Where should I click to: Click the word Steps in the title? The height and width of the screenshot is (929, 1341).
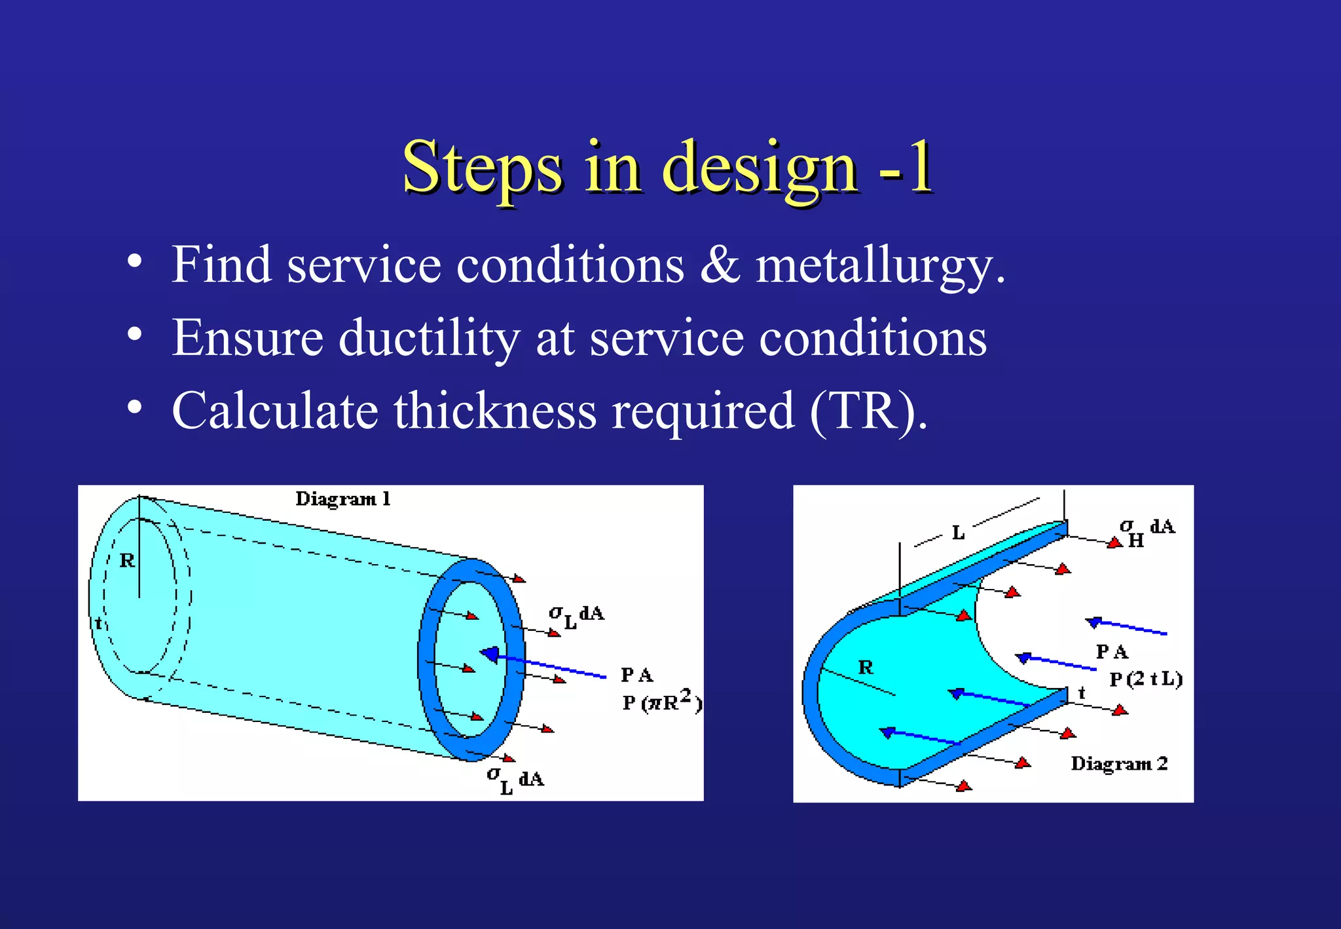click(482, 167)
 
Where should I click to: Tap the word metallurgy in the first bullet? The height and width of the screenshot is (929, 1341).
click(879, 265)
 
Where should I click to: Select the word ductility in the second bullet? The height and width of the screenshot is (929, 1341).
click(429, 339)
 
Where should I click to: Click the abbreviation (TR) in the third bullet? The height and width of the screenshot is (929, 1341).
click(868, 411)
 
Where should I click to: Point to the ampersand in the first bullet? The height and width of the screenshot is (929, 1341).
click(720, 265)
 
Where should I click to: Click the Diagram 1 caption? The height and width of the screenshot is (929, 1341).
click(342, 499)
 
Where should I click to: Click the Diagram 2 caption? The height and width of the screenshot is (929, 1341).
click(1118, 764)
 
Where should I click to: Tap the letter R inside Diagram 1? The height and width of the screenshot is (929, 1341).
click(127, 561)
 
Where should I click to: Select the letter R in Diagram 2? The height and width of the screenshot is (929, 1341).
click(866, 668)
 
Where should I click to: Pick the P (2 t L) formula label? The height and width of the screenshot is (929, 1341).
click(1145, 679)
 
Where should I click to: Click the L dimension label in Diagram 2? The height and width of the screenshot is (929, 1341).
click(958, 533)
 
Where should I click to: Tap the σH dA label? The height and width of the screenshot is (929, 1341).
click(1146, 531)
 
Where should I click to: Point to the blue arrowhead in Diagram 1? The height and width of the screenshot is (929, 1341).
click(489, 653)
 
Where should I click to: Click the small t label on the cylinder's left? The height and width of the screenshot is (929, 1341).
click(99, 623)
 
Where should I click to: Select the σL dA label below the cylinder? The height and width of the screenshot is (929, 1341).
click(515, 780)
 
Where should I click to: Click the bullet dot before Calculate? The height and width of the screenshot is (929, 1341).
click(134, 408)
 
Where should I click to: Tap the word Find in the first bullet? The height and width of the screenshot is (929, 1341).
click(221, 265)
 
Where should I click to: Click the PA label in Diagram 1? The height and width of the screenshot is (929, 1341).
click(636, 675)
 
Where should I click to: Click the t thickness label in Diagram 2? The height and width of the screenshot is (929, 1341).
click(1082, 692)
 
